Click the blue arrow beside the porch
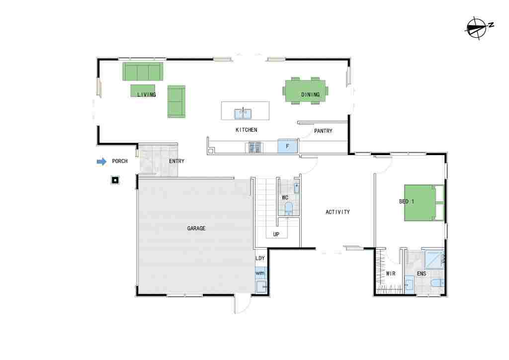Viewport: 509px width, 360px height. (x=101, y=161)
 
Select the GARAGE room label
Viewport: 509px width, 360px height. (x=196, y=229)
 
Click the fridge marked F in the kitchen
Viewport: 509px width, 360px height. (x=288, y=146)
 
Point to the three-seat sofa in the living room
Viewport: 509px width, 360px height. (x=143, y=72)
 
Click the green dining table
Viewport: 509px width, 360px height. (x=305, y=91)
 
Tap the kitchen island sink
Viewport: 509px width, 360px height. (x=243, y=113)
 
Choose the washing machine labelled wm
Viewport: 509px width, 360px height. (x=260, y=273)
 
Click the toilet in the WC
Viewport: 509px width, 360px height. (x=288, y=209)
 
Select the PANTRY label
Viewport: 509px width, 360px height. (x=323, y=131)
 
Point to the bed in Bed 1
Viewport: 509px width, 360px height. (x=424, y=203)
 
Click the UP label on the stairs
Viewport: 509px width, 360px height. (x=276, y=234)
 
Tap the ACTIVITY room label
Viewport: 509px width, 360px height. (x=338, y=212)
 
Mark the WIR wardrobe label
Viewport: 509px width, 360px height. (x=391, y=273)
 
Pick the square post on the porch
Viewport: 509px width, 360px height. (x=115, y=180)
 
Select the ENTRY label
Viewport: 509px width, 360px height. (x=176, y=161)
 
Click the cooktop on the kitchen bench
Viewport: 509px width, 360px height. (x=254, y=147)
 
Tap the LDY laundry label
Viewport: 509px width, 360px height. (x=260, y=259)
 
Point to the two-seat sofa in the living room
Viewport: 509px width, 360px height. (x=176, y=101)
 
